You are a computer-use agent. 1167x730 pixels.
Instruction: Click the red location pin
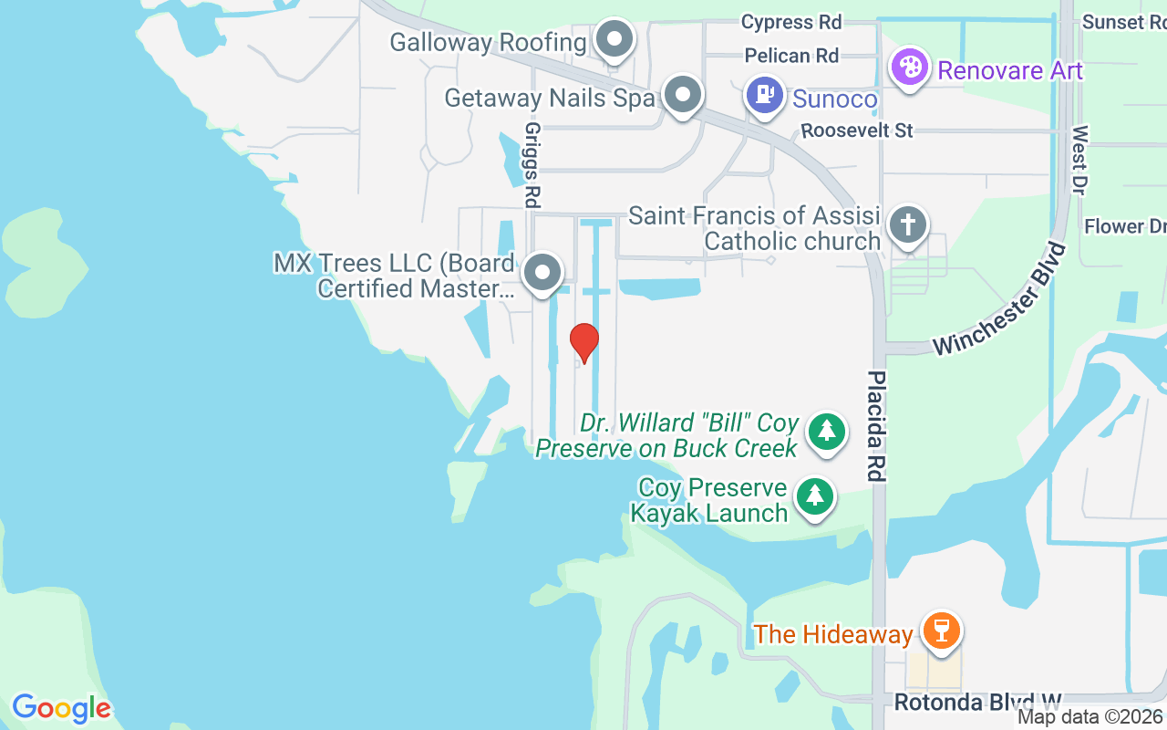tap(584, 342)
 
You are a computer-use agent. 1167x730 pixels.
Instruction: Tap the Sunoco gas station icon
tap(765, 93)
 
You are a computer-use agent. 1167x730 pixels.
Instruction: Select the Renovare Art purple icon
tap(909, 68)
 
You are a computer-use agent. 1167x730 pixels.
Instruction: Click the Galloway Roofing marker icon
tap(615, 40)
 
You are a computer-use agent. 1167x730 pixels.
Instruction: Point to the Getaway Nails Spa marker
tap(681, 94)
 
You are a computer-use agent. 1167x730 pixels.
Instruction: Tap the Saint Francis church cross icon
tap(908, 224)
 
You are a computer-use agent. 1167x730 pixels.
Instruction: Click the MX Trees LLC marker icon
tap(543, 272)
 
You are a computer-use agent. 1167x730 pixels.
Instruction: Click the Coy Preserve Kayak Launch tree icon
tap(815, 497)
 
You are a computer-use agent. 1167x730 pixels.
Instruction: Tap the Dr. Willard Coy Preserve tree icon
tap(827, 430)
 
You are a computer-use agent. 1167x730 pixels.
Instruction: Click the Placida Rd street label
tap(877, 425)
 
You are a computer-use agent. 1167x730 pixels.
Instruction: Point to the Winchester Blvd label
tap(999, 299)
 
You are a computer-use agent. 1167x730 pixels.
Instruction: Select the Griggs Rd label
tap(532, 164)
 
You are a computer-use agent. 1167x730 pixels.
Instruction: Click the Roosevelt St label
tap(856, 131)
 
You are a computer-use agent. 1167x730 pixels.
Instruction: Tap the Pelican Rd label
tap(790, 56)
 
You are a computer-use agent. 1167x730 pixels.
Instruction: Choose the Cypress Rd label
tap(790, 21)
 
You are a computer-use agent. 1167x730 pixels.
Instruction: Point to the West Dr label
tap(1079, 160)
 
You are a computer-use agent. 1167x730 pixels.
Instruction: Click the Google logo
tap(62, 708)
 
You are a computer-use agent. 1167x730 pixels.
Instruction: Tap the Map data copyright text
tap(1090, 717)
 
